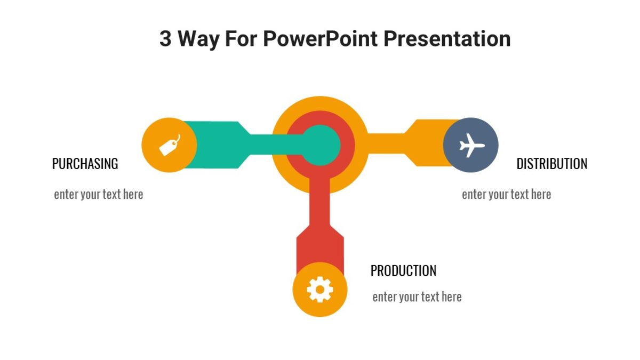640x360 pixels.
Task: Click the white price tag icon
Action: coord(170,145)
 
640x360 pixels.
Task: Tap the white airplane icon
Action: coord(471,145)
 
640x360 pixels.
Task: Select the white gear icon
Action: coord(320,290)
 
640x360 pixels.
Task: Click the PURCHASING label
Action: coord(85,164)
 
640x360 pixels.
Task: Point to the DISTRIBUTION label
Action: coord(552,164)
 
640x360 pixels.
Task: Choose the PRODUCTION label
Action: coord(403,271)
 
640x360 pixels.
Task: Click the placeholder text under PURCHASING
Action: coord(99,195)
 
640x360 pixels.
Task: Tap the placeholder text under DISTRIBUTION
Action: coord(506,195)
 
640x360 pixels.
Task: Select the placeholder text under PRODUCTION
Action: coord(417,297)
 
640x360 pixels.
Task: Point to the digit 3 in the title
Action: coord(165,39)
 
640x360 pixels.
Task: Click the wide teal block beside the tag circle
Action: coord(216,145)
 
